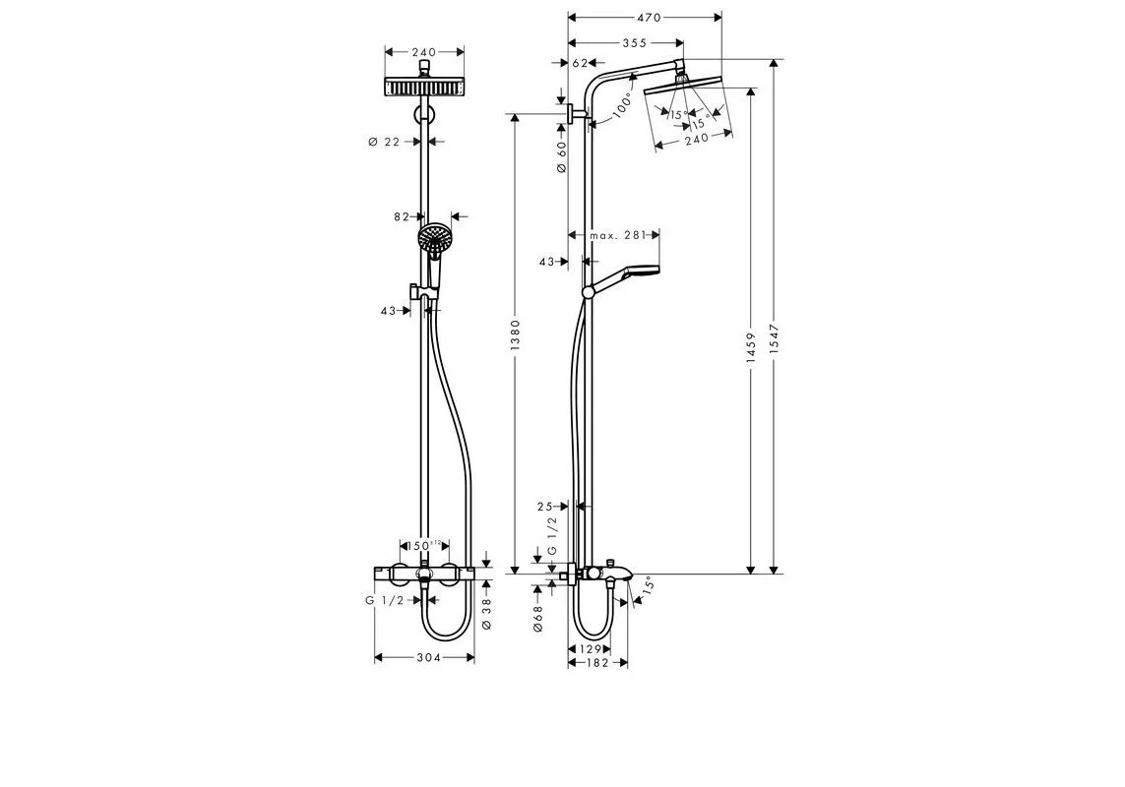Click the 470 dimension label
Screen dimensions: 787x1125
tap(648, 18)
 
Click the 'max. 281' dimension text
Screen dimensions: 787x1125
tap(617, 235)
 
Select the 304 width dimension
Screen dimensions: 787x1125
tap(424, 657)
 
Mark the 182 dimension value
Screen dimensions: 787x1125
tap(598, 663)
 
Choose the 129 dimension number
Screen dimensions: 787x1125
tap(588, 649)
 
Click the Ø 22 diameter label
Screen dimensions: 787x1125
tap(385, 142)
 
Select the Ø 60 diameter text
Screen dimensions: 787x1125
tap(562, 157)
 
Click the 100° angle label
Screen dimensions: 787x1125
tap(623, 106)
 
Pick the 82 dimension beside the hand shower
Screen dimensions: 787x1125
tap(401, 216)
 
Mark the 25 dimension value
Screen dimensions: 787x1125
tap(546, 507)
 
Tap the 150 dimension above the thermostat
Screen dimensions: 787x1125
tap(423, 545)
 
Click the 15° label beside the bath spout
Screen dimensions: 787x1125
tap(647, 586)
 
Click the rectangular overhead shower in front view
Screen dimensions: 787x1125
tap(424, 87)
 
